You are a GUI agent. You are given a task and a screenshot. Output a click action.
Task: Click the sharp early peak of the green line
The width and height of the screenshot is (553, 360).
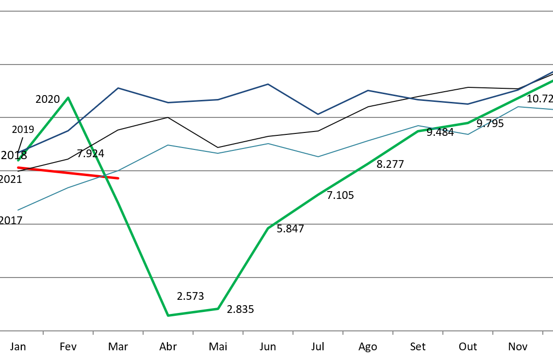pyautogui.click(x=68, y=98)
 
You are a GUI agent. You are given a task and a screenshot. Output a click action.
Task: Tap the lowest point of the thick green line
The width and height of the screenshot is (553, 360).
pyautogui.click(x=168, y=315)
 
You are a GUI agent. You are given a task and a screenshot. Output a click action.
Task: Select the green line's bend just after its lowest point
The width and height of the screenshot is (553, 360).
pyautogui.click(x=218, y=309)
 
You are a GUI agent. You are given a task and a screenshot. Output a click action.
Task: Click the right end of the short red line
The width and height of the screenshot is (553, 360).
pyautogui.click(x=118, y=178)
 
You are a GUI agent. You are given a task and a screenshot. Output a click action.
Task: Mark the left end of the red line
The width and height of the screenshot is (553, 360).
pyautogui.click(x=18, y=167)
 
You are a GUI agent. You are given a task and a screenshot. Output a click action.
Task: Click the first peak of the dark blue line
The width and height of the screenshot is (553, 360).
pyautogui.click(x=118, y=88)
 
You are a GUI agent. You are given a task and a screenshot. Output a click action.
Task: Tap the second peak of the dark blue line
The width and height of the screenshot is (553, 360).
pyautogui.click(x=268, y=84)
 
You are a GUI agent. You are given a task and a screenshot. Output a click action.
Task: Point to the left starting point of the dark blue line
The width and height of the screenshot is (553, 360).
pyautogui.click(x=18, y=152)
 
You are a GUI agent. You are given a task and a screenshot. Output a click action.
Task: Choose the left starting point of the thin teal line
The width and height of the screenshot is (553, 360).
pyautogui.click(x=18, y=210)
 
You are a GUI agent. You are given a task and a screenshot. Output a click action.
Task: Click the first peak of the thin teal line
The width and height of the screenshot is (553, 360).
pyautogui.click(x=167, y=145)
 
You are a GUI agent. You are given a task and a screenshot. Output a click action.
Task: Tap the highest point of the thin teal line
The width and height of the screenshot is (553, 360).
pyautogui.click(x=518, y=107)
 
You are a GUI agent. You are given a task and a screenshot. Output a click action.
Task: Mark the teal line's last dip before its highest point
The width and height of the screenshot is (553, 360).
pyautogui.click(x=468, y=134)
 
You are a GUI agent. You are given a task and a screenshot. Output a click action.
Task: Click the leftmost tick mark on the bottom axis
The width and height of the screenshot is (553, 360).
pyautogui.click(x=43, y=333)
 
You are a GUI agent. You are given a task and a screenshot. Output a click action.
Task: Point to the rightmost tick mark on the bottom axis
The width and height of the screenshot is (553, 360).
pyautogui.click(x=542, y=333)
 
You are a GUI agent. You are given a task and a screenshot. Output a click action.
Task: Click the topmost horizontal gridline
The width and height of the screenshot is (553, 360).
pyautogui.click(x=276, y=11)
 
